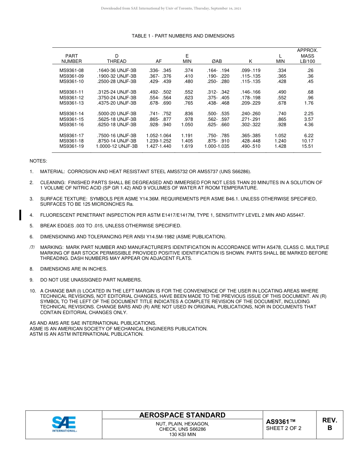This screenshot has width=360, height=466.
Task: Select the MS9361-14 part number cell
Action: [x=72, y=114]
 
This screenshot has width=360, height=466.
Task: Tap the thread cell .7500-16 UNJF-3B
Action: [x=117, y=136]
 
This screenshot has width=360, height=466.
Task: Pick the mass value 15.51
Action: [x=307, y=146]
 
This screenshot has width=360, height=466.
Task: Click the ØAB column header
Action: [x=217, y=61]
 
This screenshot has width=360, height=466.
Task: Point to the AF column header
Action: [x=159, y=61]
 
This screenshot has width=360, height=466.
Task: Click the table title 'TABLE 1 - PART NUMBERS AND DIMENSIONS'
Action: [x=183, y=36]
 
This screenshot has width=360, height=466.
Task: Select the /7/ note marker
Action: [x=33, y=247]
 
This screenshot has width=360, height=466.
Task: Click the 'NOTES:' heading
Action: [x=38, y=161]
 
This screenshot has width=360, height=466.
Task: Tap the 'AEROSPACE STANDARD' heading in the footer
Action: [x=182, y=415]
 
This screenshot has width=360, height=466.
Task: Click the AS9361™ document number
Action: [x=280, y=422]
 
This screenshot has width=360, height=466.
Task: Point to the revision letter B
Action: [x=330, y=428]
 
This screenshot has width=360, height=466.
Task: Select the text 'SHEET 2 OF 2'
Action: [x=284, y=428]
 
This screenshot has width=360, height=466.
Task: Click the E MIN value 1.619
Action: [x=187, y=146]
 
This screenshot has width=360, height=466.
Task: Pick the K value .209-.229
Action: [x=250, y=103]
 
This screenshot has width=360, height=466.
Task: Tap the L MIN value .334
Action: [x=282, y=70]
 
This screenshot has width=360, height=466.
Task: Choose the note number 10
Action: [x=33, y=291]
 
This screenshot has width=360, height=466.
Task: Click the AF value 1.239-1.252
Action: [x=159, y=141]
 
